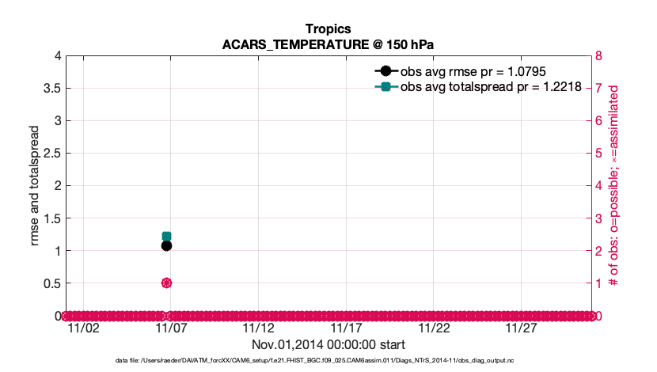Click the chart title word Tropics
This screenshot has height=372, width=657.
click(328, 29)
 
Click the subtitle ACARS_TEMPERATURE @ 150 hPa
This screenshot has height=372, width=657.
click(328, 44)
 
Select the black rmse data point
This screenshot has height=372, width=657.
click(166, 245)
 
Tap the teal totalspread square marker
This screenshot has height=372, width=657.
click(166, 236)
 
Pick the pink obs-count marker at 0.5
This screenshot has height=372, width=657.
click(166, 283)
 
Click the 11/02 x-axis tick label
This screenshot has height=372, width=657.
click(83, 328)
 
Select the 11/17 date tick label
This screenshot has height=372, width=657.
click(346, 328)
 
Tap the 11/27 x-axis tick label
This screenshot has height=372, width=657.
click(522, 328)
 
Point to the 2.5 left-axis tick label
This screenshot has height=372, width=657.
click(52, 154)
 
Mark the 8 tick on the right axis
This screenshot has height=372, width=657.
click(599, 56)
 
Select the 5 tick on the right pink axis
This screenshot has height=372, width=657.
click(599, 154)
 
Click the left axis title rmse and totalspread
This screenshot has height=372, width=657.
click(36, 185)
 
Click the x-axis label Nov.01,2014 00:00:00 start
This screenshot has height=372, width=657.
click(328, 344)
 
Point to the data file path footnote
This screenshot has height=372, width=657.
click(328, 361)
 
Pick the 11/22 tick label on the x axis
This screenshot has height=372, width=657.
click(434, 328)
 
